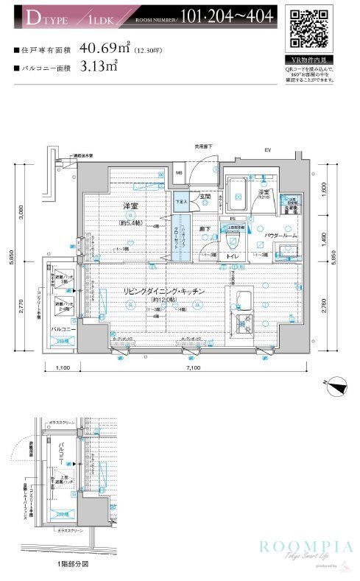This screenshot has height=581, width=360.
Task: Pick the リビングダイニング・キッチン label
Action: click(163, 292)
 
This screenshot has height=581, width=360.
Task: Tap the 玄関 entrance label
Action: click(206, 197)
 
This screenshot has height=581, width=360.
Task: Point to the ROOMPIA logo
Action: click(303, 546)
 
